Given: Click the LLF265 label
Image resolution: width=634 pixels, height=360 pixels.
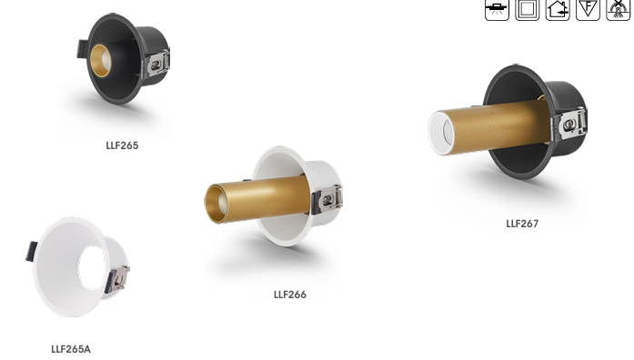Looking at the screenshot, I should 122,145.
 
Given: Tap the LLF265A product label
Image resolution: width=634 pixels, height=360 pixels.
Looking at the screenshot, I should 71,349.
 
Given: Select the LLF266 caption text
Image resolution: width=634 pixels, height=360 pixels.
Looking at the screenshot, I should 290,295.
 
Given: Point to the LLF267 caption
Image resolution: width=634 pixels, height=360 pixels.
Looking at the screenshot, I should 522,224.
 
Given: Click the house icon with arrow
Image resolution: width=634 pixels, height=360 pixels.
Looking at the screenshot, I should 558,10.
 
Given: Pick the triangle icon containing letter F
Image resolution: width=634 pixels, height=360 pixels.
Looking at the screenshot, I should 588,10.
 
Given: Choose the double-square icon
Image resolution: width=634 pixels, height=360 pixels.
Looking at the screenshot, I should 527,10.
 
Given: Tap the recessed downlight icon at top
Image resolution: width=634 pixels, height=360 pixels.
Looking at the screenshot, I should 497,10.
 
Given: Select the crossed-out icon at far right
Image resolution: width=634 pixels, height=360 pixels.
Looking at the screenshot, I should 619,10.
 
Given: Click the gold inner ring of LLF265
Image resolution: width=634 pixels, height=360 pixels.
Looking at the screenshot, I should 99,62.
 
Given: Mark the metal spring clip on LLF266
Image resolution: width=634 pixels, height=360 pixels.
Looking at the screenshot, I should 328,200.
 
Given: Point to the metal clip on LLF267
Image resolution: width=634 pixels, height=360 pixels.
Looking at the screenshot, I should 573,125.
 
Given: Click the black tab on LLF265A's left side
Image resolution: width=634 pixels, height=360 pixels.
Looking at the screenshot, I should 32,251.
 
